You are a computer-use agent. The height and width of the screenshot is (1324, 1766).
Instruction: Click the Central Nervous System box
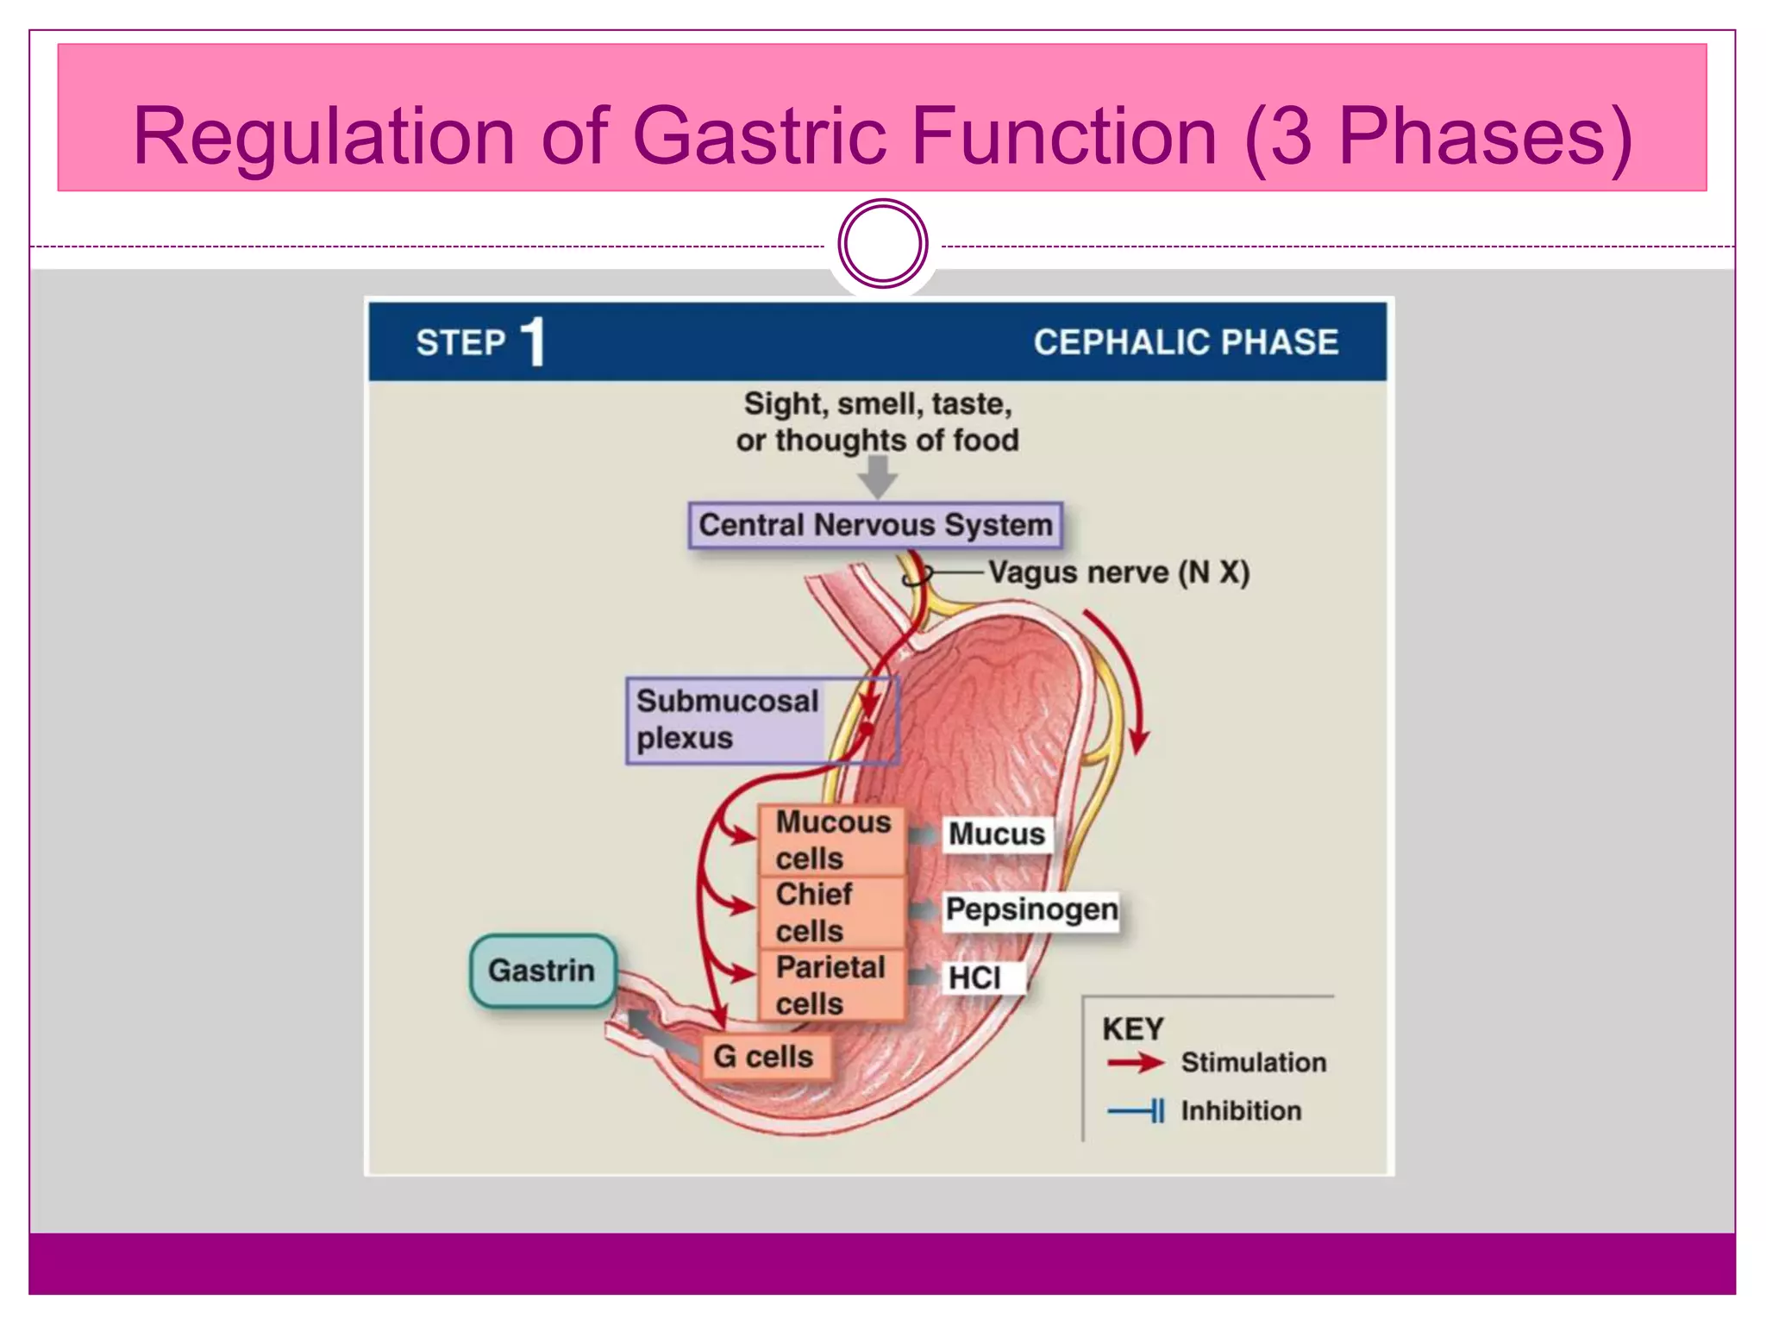coord(875,525)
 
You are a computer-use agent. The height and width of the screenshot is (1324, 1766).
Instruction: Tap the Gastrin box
coord(542,971)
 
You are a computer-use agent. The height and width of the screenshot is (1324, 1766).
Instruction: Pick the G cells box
coord(764,1057)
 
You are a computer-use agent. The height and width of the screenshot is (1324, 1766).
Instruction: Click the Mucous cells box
coord(832,840)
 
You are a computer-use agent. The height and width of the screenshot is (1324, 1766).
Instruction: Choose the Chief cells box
coord(832,913)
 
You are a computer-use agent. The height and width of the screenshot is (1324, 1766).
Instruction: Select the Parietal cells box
coord(832,985)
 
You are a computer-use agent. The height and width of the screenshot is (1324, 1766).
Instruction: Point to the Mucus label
coord(997,834)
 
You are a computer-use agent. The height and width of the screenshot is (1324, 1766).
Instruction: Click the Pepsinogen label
coord(1031,910)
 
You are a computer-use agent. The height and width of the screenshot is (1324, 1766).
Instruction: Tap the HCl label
coord(975,978)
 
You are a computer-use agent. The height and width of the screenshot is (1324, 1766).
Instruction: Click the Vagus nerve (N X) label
coord(1118,572)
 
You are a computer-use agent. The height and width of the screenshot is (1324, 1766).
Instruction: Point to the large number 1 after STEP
coord(534,342)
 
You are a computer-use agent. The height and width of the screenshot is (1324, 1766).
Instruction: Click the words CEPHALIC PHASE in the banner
coord(1186,342)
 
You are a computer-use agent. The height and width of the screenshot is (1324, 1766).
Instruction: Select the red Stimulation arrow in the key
coord(1135,1062)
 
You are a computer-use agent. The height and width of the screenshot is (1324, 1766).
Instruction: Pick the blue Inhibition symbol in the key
coord(1137,1111)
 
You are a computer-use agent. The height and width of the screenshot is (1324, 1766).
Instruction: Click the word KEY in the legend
coord(1132,1029)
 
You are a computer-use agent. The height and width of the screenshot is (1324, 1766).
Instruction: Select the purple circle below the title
coord(882,244)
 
